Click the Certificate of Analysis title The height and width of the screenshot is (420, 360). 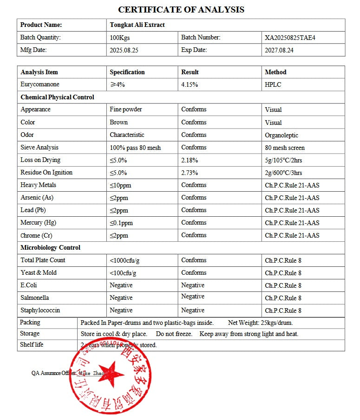point(181,9)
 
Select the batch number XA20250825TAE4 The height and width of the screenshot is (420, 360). point(290,38)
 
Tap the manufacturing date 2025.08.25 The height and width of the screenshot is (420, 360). point(124,50)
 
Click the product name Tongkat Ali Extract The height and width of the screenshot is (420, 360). point(137,25)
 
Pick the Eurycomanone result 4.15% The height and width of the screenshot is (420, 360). point(190,84)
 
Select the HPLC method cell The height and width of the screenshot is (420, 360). point(273,84)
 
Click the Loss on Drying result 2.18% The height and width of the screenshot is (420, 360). point(190,160)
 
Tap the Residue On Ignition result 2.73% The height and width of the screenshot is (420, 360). point(190,173)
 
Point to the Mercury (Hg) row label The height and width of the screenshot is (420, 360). point(38,223)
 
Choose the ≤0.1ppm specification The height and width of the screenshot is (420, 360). point(121,223)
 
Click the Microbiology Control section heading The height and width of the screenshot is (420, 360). point(50,248)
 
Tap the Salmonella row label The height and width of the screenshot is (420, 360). point(35,298)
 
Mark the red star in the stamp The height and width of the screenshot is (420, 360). point(111,375)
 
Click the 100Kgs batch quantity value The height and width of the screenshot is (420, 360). point(120,38)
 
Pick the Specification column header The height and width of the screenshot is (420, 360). point(127,72)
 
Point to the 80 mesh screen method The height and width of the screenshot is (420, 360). point(285,148)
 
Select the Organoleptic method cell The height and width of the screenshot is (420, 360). point(281,135)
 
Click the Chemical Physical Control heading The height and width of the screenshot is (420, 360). point(57,97)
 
